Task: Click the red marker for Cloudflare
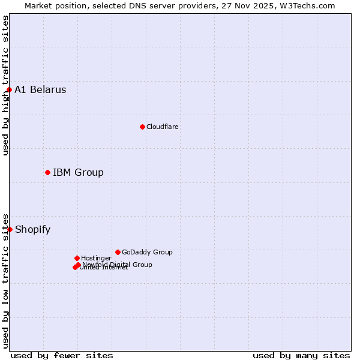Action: (142, 127)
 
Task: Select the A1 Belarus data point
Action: (9, 90)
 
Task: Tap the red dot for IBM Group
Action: (47, 173)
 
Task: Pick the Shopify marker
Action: (10, 229)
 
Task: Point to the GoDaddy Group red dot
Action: (118, 252)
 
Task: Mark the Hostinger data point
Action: (77, 258)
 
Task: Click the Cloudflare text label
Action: (162, 127)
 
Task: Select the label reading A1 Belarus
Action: (40, 90)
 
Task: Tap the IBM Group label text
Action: (78, 173)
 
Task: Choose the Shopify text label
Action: (32, 229)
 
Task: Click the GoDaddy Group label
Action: (147, 252)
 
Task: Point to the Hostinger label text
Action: (96, 258)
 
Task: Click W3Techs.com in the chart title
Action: (307, 6)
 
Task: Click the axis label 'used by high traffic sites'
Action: (6, 85)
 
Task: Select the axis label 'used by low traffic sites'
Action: (6, 280)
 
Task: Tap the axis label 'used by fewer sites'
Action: (62, 355)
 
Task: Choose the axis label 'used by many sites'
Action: (301, 355)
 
